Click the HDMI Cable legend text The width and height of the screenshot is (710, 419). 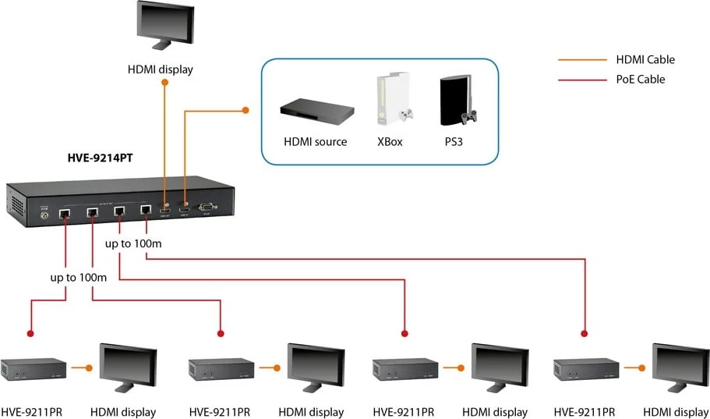[645, 59]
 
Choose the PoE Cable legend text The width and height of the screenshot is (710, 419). [640, 79]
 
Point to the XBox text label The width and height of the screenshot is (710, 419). [389, 142]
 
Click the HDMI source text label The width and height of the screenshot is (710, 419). [316, 142]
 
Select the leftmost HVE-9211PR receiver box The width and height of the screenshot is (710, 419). [34, 368]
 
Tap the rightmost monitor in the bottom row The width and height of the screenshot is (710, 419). [680, 366]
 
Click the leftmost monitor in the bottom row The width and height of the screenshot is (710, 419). [128, 366]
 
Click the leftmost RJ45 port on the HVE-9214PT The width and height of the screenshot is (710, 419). [66, 212]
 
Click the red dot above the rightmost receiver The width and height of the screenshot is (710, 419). [584, 333]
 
